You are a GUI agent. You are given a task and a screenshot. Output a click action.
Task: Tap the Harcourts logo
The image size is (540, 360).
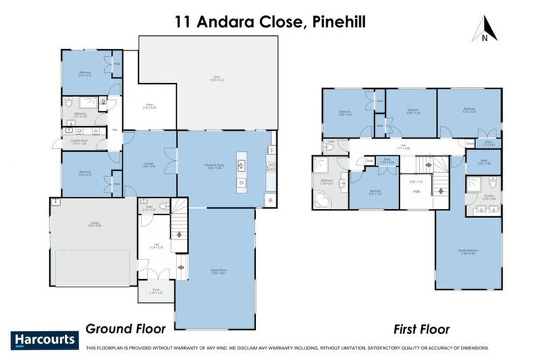[x=44, y=340]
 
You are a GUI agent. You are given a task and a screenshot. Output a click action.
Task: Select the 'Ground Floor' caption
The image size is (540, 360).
[x=125, y=328]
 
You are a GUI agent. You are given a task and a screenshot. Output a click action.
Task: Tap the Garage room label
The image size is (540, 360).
[x=90, y=224]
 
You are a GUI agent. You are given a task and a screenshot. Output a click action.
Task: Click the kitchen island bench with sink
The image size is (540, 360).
[x=240, y=167]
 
